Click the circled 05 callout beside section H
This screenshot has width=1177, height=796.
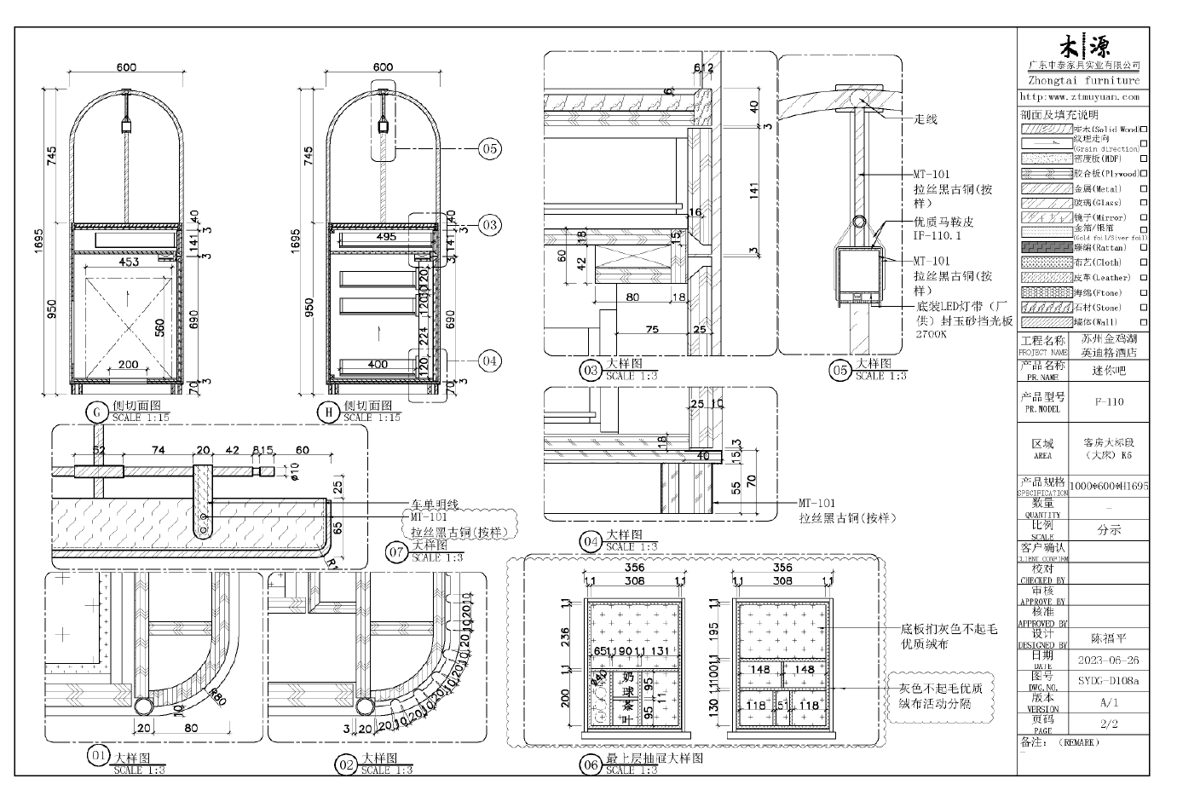(489, 149)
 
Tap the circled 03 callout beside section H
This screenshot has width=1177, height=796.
(489, 225)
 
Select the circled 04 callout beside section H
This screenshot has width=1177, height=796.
(489, 361)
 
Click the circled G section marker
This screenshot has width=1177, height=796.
(96, 413)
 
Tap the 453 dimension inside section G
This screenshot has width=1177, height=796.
(129, 262)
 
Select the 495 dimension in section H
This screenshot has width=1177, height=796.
(385, 237)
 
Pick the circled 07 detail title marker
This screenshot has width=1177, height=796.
(396, 551)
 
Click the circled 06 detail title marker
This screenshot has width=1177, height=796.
(591, 765)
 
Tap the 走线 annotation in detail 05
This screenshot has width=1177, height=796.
(926, 119)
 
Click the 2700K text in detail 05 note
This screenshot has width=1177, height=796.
(932, 335)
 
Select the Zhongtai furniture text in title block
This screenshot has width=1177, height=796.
(1082, 81)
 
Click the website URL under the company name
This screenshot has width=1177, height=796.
(1080, 97)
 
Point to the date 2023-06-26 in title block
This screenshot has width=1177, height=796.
(1108, 660)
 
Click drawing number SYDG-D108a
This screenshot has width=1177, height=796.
(1108, 681)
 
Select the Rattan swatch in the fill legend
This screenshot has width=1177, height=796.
(1047, 247)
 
